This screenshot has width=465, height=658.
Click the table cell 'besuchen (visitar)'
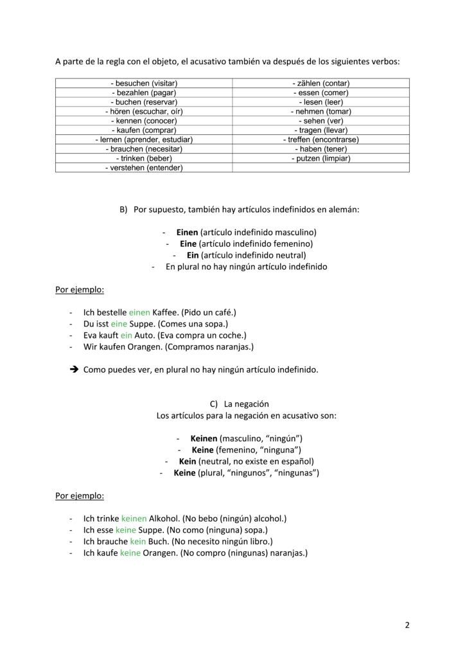(x=144, y=84)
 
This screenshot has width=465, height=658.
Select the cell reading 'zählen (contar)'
(x=320, y=84)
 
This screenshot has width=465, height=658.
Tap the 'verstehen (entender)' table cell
(x=144, y=168)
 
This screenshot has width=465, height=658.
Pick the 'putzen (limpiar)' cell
(x=320, y=158)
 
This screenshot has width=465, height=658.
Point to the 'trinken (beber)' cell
(x=144, y=158)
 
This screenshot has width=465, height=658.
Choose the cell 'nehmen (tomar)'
(x=320, y=111)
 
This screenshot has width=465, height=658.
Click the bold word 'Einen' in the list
(x=188, y=232)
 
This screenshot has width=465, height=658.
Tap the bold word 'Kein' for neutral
(x=188, y=461)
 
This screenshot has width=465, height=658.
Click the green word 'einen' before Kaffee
(x=139, y=312)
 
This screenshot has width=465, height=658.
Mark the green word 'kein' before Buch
(x=138, y=542)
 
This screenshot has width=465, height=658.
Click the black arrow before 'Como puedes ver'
(x=73, y=370)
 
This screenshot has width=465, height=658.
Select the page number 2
(x=407, y=625)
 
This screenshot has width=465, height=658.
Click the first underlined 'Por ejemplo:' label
(x=80, y=289)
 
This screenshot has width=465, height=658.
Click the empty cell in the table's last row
(x=320, y=168)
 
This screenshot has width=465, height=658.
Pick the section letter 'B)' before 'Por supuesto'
(x=124, y=209)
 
